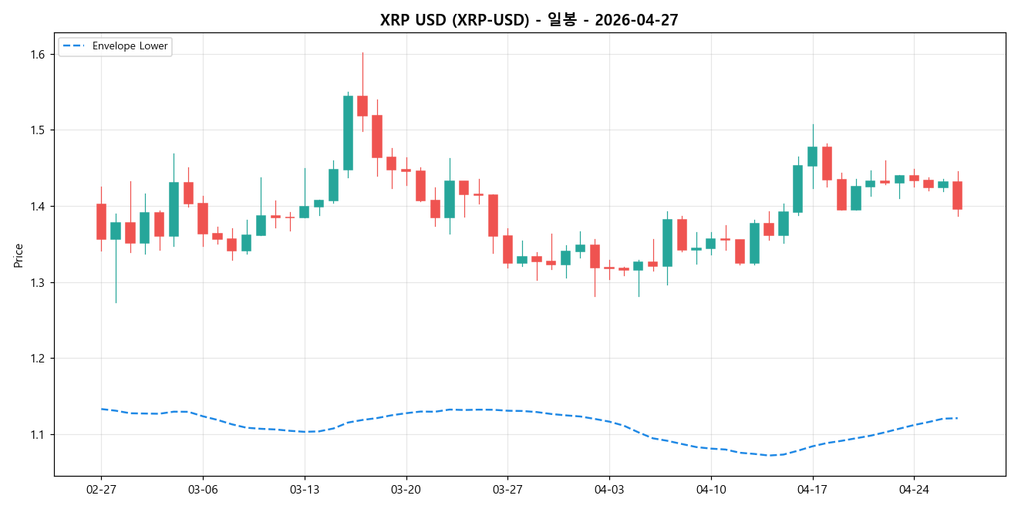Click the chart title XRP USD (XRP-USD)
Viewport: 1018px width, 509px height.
tap(528, 20)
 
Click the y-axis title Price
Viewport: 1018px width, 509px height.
tap(19, 255)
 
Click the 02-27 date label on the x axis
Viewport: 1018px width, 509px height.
tap(101, 489)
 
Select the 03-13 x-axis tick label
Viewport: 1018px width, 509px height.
tap(304, 489)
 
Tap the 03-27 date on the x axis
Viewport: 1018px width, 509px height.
tap(507, 489)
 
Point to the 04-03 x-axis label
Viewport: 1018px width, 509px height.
tap(609, 489)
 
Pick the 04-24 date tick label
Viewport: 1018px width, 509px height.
tap(914, 489)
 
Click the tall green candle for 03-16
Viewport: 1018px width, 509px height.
tap(348, 133)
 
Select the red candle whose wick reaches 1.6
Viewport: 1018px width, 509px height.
tap(362, 106)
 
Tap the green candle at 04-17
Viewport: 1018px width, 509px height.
tap(812, 156)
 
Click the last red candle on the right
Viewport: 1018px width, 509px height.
tap(957, 195)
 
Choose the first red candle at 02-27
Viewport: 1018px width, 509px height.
tap(101, 221)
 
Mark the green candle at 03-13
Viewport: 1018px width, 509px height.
tap(304, 212)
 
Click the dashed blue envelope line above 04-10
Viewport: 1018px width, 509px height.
tap(711, 448)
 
